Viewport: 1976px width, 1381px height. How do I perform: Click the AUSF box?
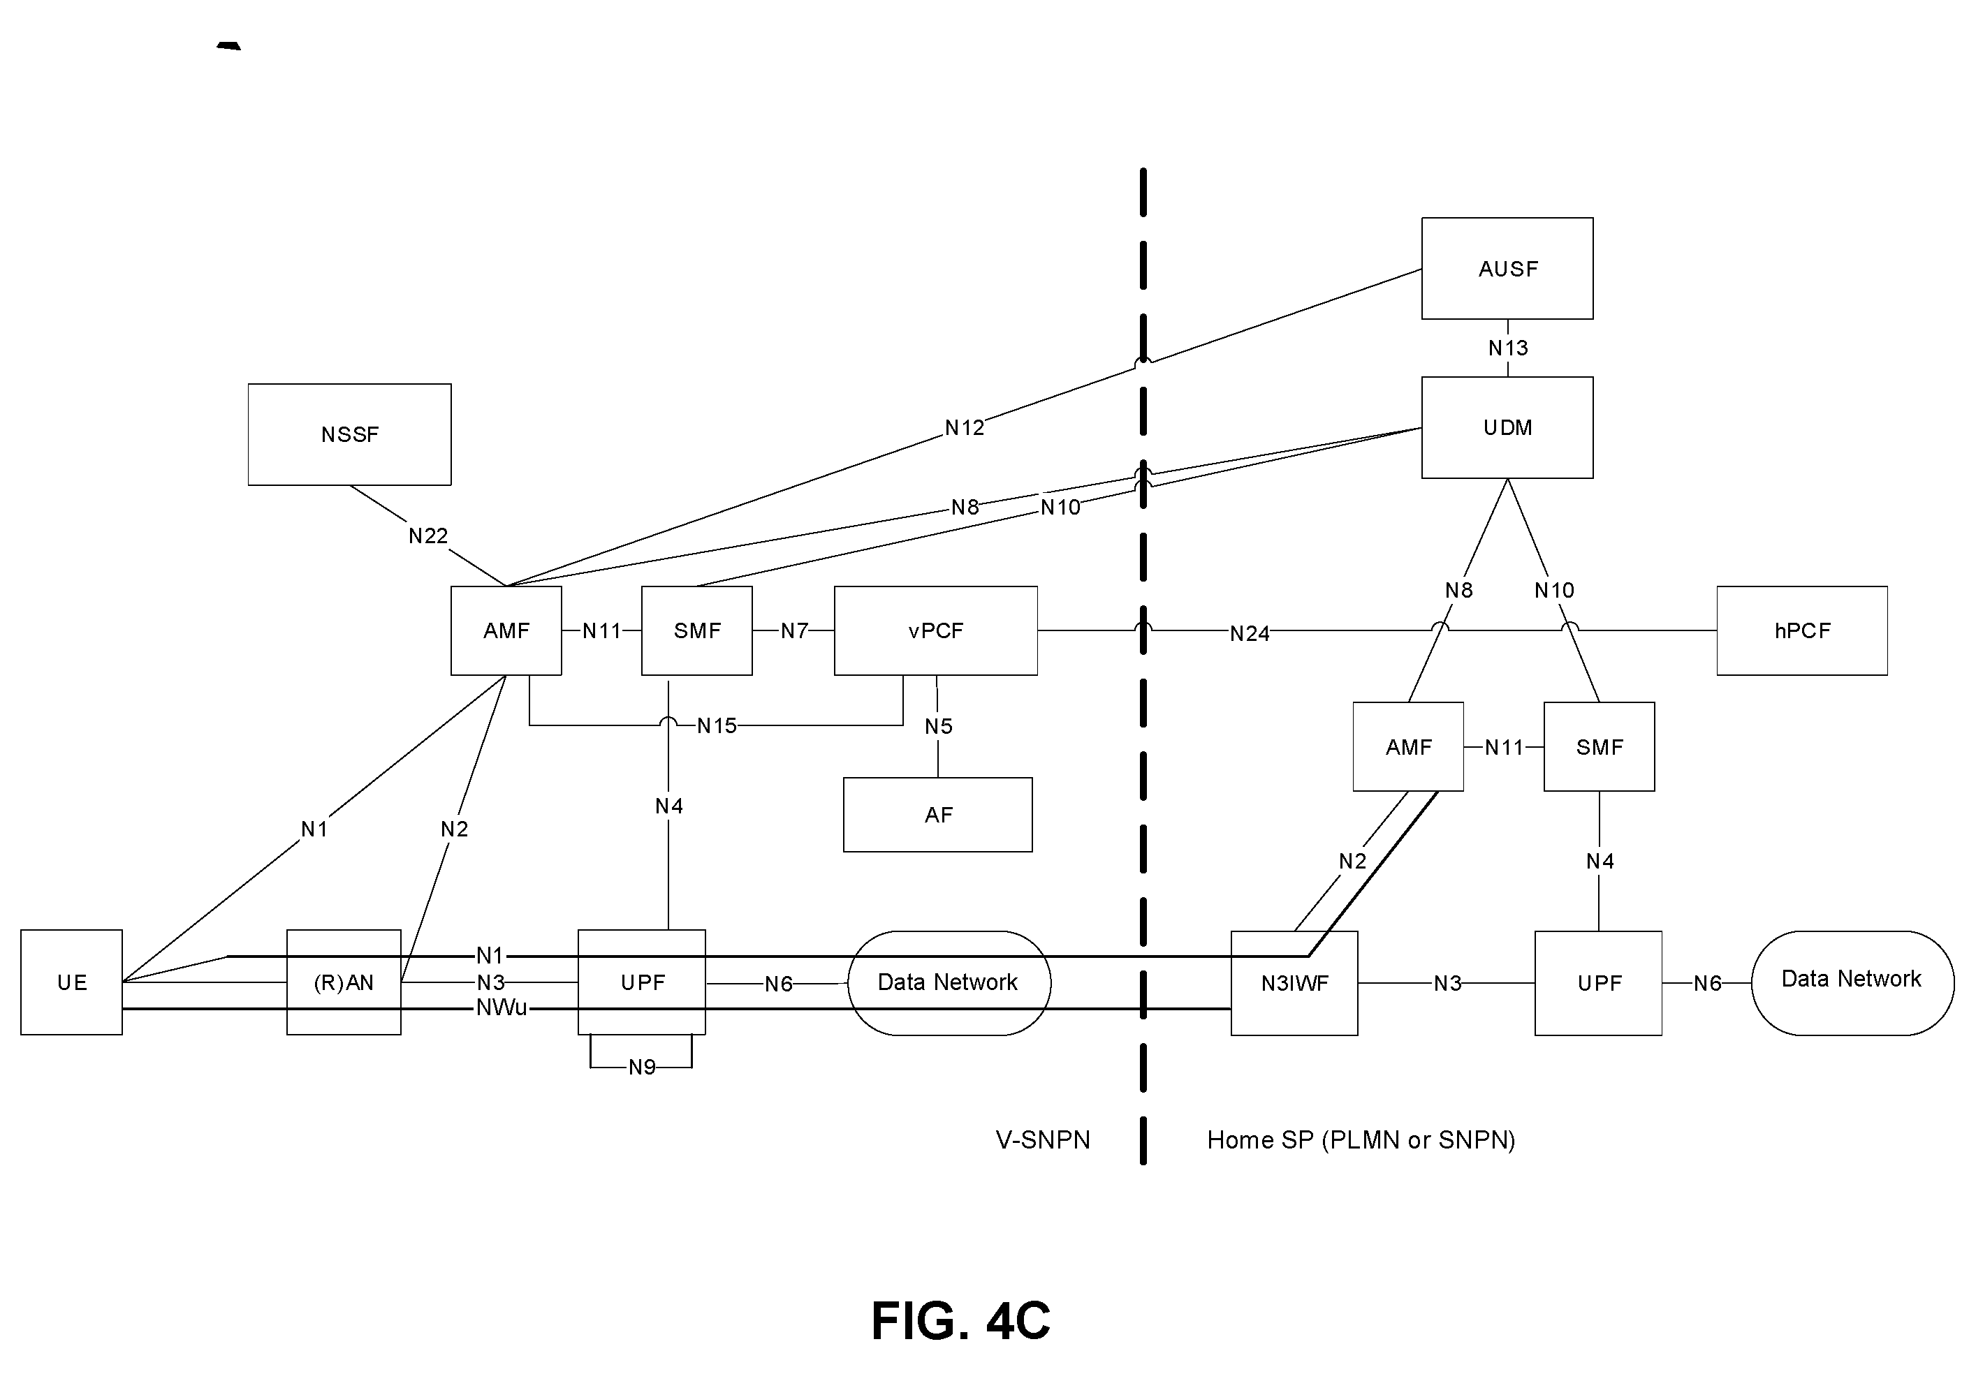click(1507, 269)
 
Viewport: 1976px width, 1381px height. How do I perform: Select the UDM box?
click(1507, 428)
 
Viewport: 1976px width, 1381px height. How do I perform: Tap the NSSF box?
click(349, 434)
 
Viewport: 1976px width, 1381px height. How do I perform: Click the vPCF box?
click(935, 630)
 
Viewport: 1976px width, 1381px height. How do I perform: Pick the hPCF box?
click(1802, 630)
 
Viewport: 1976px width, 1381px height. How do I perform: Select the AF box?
click(937, 815)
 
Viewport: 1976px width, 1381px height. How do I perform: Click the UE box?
click(71, 982)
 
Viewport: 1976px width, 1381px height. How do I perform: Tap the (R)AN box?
click(344, 982)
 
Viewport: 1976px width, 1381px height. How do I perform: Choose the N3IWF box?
click(1294, 982)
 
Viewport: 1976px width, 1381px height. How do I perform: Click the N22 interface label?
click(427, 536)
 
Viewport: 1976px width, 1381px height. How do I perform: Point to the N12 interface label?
click(964, 428)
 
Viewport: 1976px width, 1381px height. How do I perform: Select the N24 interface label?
click(1249, 633)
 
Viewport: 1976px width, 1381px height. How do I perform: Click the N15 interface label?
click(716, 725)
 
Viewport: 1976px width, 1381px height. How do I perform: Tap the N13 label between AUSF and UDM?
click(1508, 348)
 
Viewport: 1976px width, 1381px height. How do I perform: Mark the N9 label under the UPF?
click(642, 1067)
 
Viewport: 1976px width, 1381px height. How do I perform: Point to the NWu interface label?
click(502, 1007)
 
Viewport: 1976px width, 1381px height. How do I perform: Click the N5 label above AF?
click(938, 726)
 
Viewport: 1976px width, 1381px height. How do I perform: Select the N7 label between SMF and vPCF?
click(793, 630)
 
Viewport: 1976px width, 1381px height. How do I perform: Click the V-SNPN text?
click(1043, 1140)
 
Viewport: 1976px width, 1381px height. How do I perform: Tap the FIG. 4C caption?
click(960, 1321)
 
